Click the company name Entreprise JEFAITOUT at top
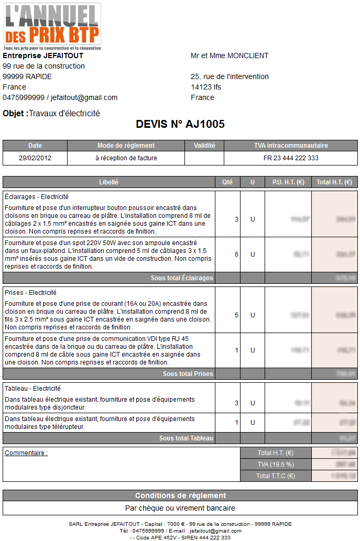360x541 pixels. pos(43,56)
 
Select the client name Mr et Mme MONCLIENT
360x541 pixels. pos(230,56)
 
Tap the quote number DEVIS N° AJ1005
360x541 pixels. pos(180,124)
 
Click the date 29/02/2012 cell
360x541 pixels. pos(35,158)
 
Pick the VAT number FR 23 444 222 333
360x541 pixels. pos(291,158)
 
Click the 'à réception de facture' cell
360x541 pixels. pos(126,158)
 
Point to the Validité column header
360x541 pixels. pos(204,146)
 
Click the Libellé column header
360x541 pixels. pos(108,182)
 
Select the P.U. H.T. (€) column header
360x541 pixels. pos(288,182)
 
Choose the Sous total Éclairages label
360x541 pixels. pos(182,278)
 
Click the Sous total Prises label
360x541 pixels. pos(188,374)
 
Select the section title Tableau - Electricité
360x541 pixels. pos(32,389)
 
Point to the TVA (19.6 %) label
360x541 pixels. pos(275,465)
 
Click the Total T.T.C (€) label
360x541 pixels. pos(275,476)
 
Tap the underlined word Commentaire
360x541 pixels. pos(26,453)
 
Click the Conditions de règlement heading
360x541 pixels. pos(180,495)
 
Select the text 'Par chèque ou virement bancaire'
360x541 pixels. pos(180,508)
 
